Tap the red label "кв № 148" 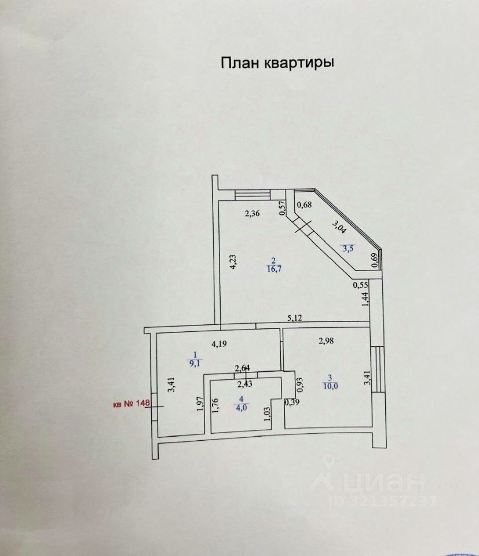pos(131,405)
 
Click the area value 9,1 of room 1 pos(195,364)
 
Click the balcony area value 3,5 pos(348,249)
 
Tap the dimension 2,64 pos(243,367)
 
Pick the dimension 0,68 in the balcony pos(305,203)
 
